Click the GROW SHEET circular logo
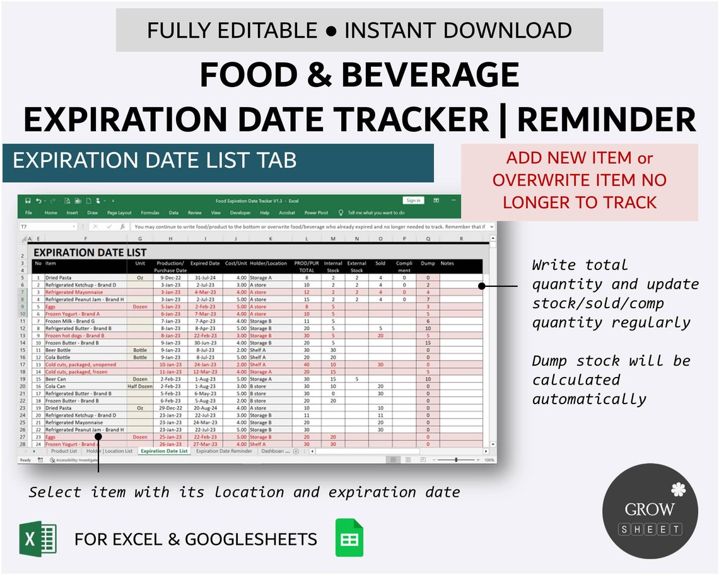click(650, 511)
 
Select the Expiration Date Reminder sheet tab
click(223, 451)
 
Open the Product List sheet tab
click(64, 451)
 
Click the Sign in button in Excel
click(413, 200)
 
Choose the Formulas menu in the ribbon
click(150, 213)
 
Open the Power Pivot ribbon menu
click(315, 213)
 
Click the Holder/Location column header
click(268, 264)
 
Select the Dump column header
click(428, 264)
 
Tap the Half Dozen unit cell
click(140, 386)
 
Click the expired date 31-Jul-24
click(204, 277)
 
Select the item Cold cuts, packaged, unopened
click(79, 364)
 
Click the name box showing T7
click(47, 226)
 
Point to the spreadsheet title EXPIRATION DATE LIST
click(90, 252)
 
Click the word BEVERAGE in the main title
click(431, 75)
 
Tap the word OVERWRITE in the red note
click(535, 180)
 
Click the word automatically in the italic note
click(589, 399)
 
